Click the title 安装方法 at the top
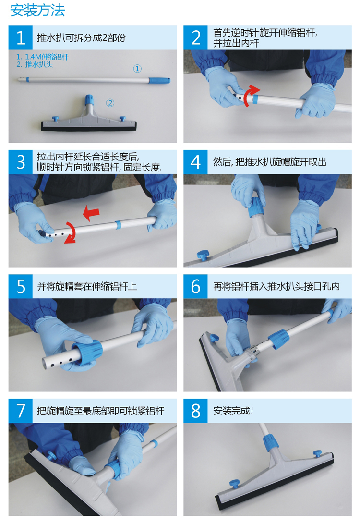37,11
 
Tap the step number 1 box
20,37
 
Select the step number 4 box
195,162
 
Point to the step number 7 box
20,411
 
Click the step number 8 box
195,411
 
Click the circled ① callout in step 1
137,69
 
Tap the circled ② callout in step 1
110,103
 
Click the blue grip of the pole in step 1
159,80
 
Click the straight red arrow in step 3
91,213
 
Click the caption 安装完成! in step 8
233,411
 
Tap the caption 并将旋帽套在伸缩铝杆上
87,286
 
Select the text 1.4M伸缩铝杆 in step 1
47,57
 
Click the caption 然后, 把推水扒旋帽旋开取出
270,162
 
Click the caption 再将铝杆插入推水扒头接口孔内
276,286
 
